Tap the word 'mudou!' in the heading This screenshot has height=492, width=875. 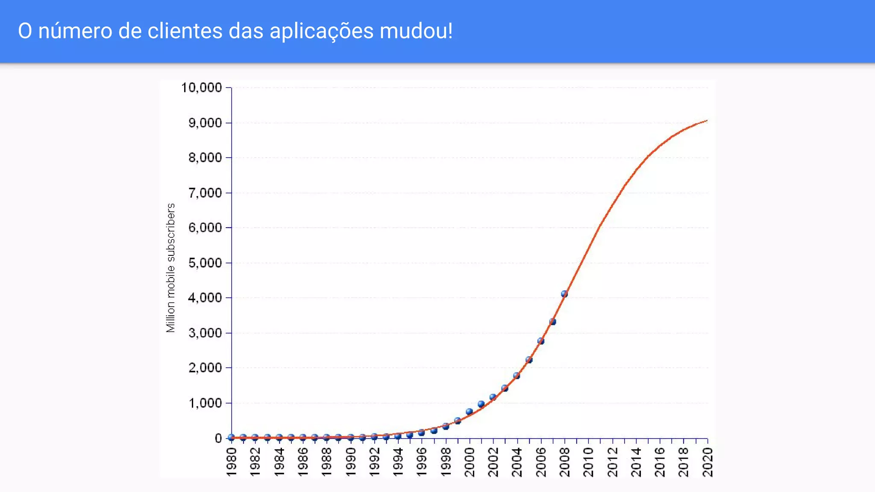point(416,31)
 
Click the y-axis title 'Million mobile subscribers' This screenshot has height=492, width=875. point(171,268)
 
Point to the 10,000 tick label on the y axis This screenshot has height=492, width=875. point(201,88)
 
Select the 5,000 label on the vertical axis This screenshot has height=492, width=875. point(205,263)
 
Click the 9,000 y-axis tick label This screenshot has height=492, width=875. point(205,123)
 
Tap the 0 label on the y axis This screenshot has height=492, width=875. point(218,438)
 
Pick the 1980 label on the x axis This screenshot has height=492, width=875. point(231,462)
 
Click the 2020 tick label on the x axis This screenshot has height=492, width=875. point(708,462)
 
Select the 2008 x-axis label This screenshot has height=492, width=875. point(564,462)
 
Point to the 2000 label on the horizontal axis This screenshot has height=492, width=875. point(470,462)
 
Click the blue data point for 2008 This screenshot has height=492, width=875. point(564,294)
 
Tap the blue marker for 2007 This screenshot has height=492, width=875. point(552,322)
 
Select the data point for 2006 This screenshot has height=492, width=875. point(540,341)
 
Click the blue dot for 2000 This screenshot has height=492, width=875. point(469,412)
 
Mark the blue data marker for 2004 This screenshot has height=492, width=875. point(517,376)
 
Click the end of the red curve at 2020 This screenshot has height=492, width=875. point(707,121)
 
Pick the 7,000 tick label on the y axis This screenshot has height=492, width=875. point(205,193)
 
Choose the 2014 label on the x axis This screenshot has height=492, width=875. point(636,462)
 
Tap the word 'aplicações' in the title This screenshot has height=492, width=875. point(322,31)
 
